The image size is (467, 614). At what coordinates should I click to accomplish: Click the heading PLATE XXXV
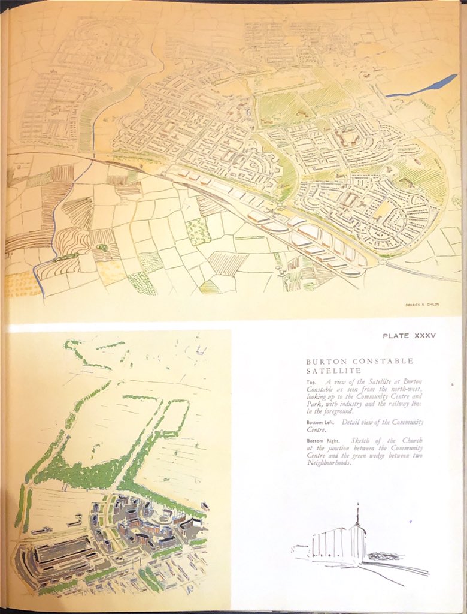click(410, 336)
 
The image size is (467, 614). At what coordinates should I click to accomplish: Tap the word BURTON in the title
click(323, 362)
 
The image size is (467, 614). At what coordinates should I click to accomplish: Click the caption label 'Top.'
click(312, 382)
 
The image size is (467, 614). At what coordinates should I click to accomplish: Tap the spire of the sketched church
click(358, 516)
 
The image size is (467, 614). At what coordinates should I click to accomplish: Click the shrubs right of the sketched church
click(382, 556)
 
